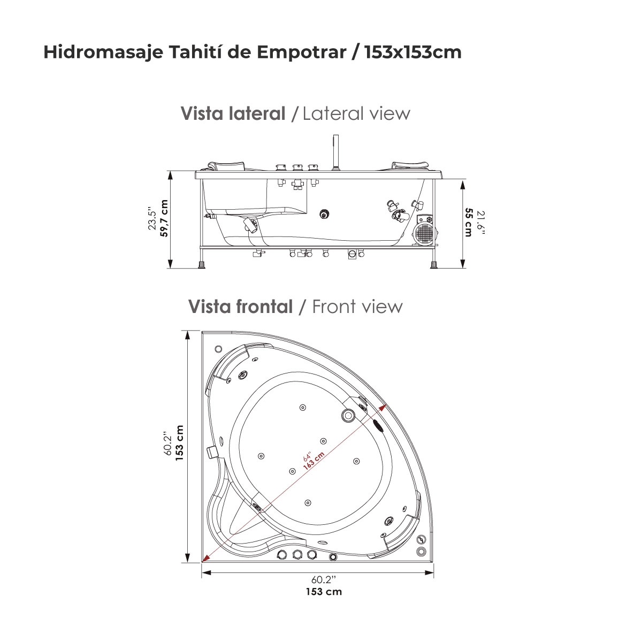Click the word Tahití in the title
(x=194, y=52)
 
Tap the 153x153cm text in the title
(x=413, y=52)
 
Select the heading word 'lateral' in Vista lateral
(x=257, y=113)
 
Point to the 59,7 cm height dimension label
(x=164, y=218)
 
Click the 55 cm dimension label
(x=469, y=222)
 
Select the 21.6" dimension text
(x=480, y=223)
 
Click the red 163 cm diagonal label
(x=314, y=461)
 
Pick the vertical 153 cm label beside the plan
(x=179, y=443)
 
